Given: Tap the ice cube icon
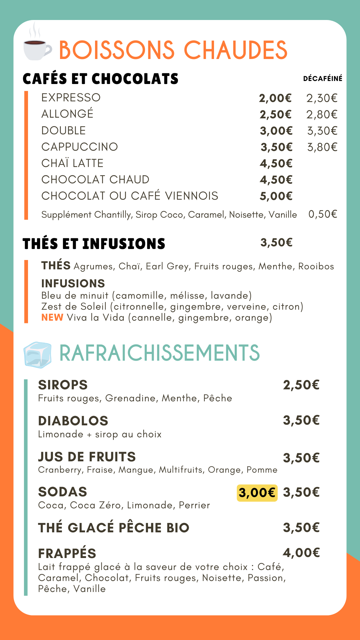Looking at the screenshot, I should pyautogui.click(x=38, y=355).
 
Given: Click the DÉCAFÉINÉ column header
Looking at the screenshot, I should pyautogui.click(x=322, y=79).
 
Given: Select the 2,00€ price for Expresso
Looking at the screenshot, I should pyautogui.click(x=275, y=98).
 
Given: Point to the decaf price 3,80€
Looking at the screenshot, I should pyautogui.click(x=322, y=147).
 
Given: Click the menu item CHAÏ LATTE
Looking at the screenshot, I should pyautogui.click(x=72, y=163).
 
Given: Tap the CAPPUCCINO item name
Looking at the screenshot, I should pyautogui.click(x=80, y=147).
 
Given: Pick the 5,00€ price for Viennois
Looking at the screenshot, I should pyautogui.click(x=276, y=196).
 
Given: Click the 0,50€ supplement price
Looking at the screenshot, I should pyautogui.click(x=323, y=214).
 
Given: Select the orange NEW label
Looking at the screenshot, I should pyautogui.click(x=52, y=317).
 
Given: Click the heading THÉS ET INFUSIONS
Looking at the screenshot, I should pyautogui.click(x=94, y=244).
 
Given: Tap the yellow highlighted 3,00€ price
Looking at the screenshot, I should pyautogui.click(x=257, y=493).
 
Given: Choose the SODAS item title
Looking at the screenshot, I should pyautogui.click(x=63, y=492).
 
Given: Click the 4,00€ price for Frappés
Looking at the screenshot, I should pyautogui.click(x=301, y=553).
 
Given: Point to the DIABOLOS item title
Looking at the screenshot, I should pyautogui.click(x=73, y=421).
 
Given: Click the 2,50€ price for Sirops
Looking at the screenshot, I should pyautogui.click(x=301, y=385).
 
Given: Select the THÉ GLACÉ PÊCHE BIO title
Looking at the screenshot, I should pyautogui.click(x=114, y=528).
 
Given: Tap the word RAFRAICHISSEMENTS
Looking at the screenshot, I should pyautogui.click(x=159, y=353).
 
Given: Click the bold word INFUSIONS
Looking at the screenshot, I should pyautogui.click(x=73, y=283).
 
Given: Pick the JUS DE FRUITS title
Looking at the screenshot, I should pyautogui.click(x=87, y=457).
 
